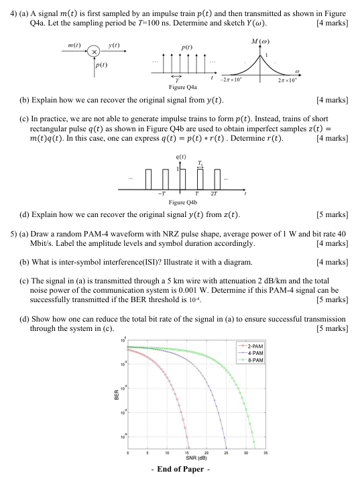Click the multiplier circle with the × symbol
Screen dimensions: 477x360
96,52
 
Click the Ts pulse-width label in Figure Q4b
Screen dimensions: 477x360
199,163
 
